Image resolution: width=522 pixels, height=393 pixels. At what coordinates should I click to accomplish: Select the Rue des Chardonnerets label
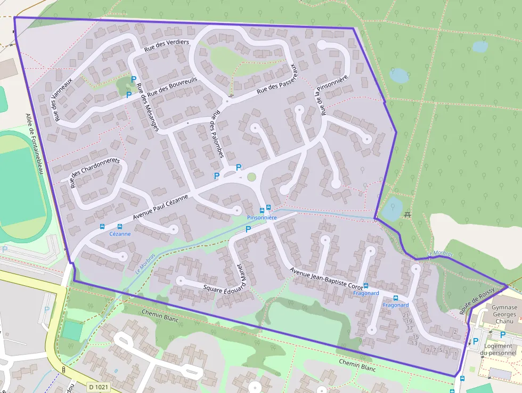[x=96, y=172]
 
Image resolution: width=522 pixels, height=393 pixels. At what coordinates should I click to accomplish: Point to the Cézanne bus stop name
[x=119, y=234]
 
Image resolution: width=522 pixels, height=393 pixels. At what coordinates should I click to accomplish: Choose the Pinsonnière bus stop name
[x=262, y=218]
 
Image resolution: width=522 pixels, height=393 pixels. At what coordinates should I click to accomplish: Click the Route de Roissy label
[x=477, y=300]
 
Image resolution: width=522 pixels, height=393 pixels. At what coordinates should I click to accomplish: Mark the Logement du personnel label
[x=498, y=349]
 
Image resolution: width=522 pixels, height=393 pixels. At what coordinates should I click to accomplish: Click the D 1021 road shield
[x=99, y=387]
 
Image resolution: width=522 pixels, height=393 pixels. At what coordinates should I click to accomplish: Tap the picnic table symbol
[x=407, y=214]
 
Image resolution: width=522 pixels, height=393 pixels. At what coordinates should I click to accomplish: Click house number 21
[x=406, y=315]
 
